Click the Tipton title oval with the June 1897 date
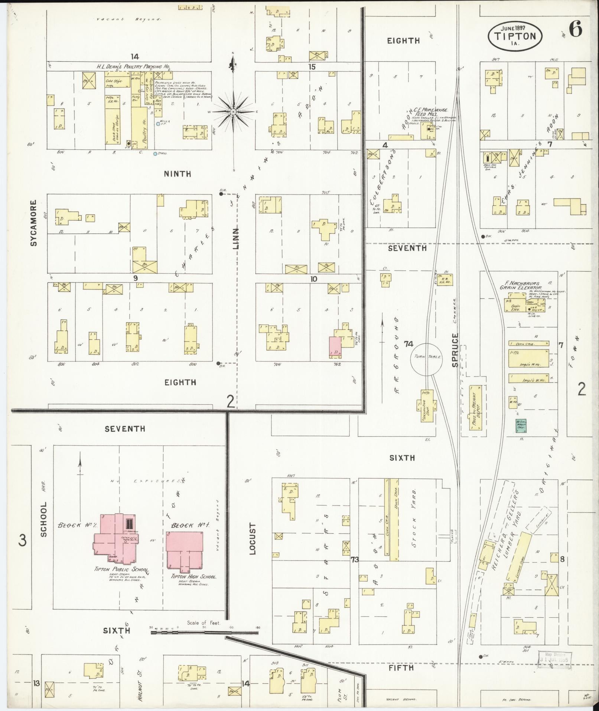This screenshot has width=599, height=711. [514, 36]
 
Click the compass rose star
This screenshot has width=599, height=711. [233, 112]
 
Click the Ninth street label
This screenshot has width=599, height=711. [178, 174]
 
